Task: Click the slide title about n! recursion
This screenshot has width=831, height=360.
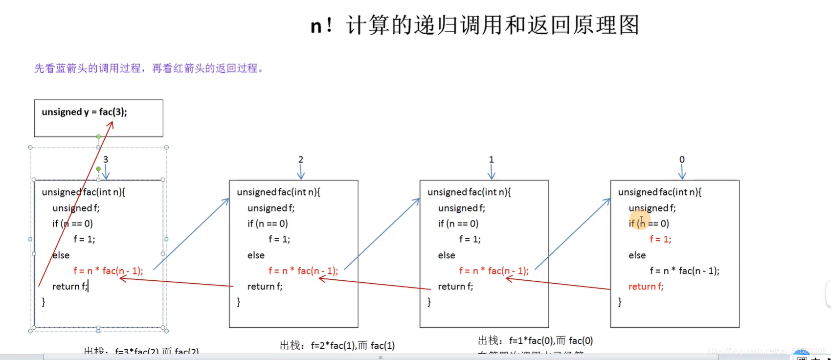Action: click(474, 25)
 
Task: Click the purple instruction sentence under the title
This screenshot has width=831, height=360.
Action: click(149, 68)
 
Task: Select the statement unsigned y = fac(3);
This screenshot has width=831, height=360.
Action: click(84, 112)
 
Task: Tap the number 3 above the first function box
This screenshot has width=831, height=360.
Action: click(106, 159)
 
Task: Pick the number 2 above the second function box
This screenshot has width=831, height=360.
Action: click(301, 159)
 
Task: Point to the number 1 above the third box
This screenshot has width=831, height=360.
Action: click(492, 159)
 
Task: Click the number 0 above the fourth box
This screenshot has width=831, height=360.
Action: click(682, 159)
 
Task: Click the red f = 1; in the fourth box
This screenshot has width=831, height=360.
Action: click(660, 239)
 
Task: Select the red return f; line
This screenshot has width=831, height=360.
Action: click(646, 287)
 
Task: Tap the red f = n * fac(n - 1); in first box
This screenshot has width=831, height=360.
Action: click(108, 271)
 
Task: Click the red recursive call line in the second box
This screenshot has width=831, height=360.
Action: click(303, 271)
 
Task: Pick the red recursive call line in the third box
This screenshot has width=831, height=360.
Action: click(494, 271)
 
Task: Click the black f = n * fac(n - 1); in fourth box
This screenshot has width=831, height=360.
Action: click(684, 271)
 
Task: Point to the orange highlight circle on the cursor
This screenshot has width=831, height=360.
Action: click(640, 220)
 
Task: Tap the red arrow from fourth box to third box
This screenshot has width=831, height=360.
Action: click(558, 284)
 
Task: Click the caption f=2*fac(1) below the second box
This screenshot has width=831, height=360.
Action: click(337, 346)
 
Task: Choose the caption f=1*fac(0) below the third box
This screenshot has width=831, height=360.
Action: click(535, 340)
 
